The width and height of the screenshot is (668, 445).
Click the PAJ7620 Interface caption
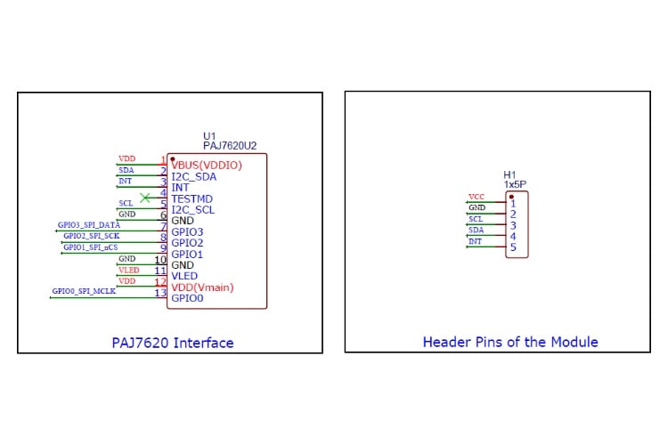tap(172, 343)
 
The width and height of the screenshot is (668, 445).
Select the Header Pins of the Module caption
tap(509, 342)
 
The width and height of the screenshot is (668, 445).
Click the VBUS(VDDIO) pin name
tap(207, 165)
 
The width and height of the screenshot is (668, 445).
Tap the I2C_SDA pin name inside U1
tap(193, 176)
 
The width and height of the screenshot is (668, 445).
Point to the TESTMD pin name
tap(192, 198)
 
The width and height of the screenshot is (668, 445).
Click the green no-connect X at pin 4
tap(145, 198)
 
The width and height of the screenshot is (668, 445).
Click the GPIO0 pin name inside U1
tap(188, 299)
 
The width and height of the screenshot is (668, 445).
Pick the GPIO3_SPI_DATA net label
tap(89, 224)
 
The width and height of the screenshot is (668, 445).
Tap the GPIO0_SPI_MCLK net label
tap(84, 291)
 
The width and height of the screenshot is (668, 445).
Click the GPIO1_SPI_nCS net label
tap(90, 247)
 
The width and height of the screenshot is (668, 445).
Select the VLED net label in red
tap(128, 269)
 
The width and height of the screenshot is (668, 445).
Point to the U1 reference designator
tap(209, 135)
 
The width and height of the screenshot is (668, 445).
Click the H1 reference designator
tap(509, 175)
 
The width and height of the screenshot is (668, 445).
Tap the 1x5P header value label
tap(515, 185)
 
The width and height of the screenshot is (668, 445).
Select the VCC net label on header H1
tap(477, 197)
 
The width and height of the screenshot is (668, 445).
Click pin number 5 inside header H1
tap(513, 247)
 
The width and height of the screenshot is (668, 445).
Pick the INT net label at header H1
tap(476, 240)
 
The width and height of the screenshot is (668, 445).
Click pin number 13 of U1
tap(160, 293)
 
